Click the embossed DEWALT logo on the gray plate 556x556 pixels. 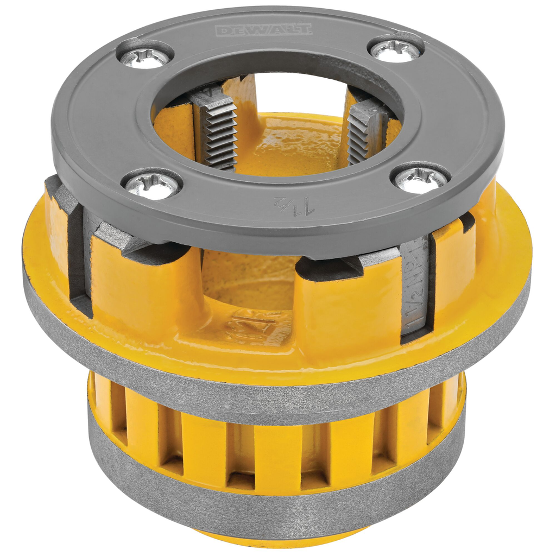pyautogui.click(x=264, y=29)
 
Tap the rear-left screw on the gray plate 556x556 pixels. pyautogui.click(x=144, y=56)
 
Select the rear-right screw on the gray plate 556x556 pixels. pyautogui.click(x=395, y=49)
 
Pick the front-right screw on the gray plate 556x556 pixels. pyautogui.click(x=422, y=178)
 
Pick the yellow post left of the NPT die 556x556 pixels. pyautogui.click(x=347, y=309)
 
